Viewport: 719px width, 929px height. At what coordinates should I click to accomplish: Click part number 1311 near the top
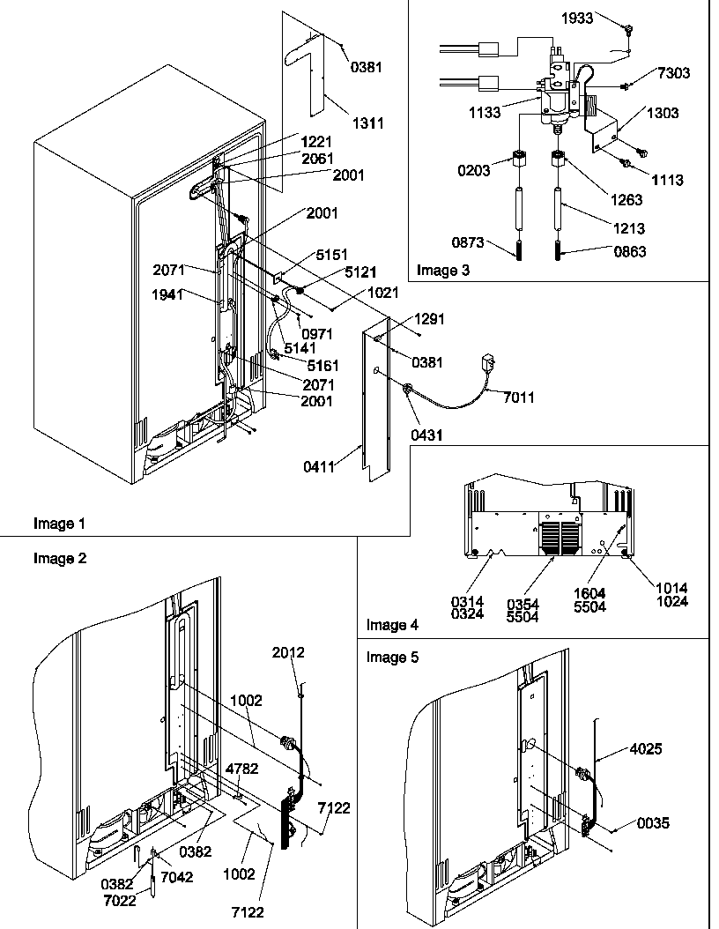click(x=369, y=123)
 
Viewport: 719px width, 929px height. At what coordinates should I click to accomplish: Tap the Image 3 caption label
click(x=442, y=271)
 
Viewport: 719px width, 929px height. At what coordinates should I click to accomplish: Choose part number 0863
click(x=629, y=252)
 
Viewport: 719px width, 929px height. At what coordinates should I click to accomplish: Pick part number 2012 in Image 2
click(x=290, y=653)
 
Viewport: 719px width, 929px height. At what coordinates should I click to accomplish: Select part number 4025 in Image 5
click(x=644, y=749)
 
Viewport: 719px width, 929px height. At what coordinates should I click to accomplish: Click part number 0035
click(x=653, y=823)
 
